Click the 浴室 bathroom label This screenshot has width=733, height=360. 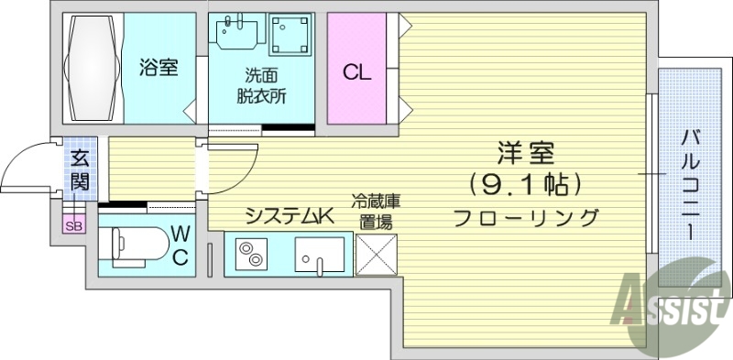[x=159, y=68]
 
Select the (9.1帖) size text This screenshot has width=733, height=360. [x=525, y=186]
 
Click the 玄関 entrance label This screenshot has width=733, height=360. [x=80, y=169]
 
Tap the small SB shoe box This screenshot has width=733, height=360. [x=72, y=226]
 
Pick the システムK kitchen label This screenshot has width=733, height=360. [x=287, y=217]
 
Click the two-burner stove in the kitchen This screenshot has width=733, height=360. [x=248, y=254]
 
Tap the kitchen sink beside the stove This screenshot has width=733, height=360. [x=318, y=254]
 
